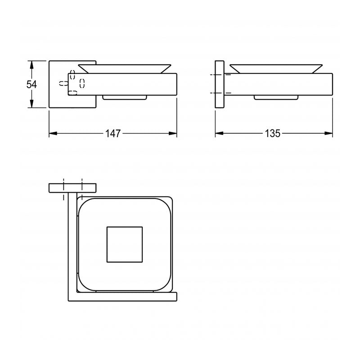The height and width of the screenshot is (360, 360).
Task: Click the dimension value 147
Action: (113, 133)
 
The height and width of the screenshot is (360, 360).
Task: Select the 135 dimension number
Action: (273, 133)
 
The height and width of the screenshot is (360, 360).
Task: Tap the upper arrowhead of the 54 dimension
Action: (31, 64)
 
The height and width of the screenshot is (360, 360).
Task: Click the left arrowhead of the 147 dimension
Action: (52, 133)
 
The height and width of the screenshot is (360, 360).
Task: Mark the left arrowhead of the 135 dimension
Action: (218, 133)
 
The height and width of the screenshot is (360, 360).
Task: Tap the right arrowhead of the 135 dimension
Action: (329, 133)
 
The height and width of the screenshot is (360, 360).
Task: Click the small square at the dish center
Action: (125, 244)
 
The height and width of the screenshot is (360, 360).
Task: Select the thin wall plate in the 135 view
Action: (219, 84)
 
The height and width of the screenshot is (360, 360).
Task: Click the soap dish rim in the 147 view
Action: (125, 68)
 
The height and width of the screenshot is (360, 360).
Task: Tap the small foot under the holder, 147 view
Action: (125, 97)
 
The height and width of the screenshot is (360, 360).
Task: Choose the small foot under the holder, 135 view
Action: (276, 97)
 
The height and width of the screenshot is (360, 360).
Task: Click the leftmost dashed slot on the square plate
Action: (63, 83)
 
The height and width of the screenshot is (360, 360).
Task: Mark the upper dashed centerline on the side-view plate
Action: (219, 74)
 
